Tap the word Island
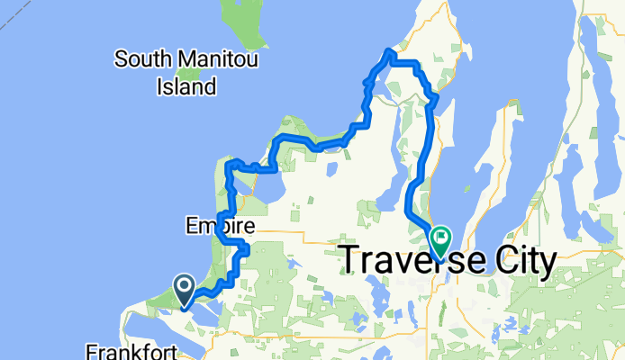click(x=186, y=86)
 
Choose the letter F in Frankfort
click(x=93, y=349)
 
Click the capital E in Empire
click(x=191, y=225)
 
